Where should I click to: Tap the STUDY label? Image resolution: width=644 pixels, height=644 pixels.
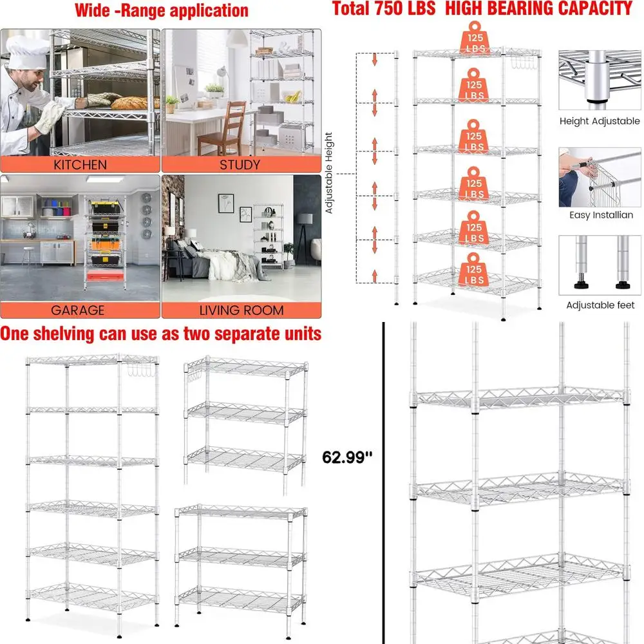click(x=241, y=165)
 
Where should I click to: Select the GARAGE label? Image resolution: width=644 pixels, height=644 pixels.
click(x=77, y=310)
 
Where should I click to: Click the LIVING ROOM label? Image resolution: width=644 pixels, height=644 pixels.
click(x=241, y=310)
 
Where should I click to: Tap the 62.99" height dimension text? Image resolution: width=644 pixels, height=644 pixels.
click(x=348, y=459)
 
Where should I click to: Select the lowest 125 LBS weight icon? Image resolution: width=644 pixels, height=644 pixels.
click(x=475, y=270)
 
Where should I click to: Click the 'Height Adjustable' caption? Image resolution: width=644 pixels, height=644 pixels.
click(x=600, y=121)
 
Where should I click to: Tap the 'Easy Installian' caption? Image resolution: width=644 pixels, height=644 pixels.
click(x=601, y=215)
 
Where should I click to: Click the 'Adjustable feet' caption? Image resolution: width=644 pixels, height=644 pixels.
click(x=600, y=305)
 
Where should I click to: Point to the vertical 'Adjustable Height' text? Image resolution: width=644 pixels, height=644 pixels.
click(x=329, y=173)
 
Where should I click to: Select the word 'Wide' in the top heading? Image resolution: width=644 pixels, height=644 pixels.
click(x=93, y=10)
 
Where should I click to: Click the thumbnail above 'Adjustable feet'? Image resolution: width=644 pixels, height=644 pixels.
click(x=600, y=264)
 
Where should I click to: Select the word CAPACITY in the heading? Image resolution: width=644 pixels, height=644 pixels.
click(x=587, y=8)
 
